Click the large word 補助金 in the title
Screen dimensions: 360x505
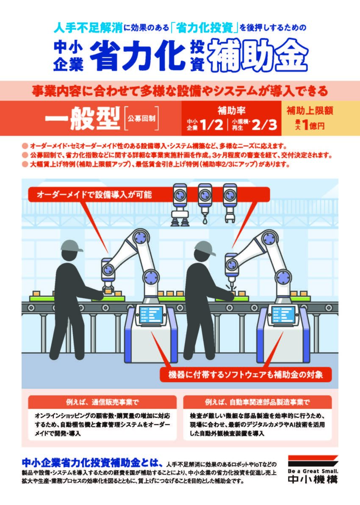click(258, 58)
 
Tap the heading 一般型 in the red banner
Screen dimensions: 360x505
click(83, 119)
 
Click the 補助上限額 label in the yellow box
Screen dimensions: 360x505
click(310, 111)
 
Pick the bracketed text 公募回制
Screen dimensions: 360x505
click(141, 119)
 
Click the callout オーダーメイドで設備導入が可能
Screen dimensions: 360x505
click(94, 194)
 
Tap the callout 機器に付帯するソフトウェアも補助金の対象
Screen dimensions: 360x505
click(245, 375)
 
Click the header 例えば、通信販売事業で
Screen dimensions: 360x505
click(102, 402)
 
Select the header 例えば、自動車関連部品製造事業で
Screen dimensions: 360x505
click(257, 402)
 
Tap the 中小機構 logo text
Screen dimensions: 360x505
click(313, 479)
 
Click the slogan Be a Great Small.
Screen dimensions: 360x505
click(313, 471)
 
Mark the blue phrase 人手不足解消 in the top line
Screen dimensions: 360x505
click(88, 28)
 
